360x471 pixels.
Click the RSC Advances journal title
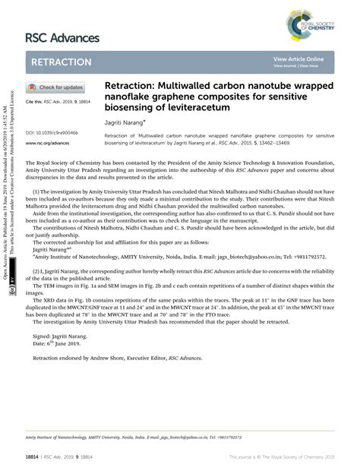[x=62, y=37]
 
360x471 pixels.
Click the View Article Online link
[x=298, y=58]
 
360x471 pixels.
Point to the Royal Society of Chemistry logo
[x=312, y=24]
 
